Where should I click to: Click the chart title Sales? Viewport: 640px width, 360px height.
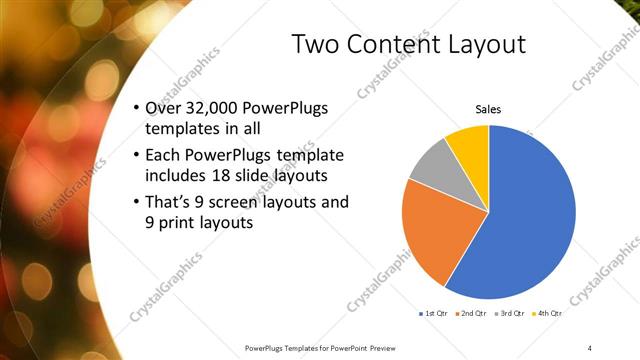coord(487,110)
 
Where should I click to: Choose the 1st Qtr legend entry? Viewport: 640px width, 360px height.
coord(435,314)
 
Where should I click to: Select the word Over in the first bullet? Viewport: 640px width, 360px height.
coord(162,108)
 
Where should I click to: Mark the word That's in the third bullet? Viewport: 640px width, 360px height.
coord(169,203)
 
